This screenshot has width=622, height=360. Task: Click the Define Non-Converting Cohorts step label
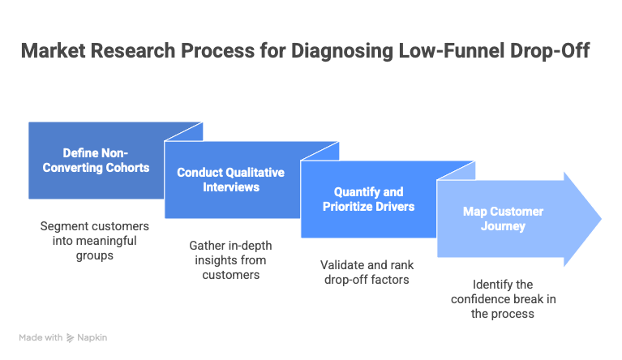[x=96, y=161]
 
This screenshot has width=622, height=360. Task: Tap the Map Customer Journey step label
[x=503, y=219]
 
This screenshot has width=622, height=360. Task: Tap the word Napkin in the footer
[x=92, y=337]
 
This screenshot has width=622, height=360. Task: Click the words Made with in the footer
[x=41, y=337]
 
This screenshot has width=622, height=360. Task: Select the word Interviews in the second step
[x=230, y=187]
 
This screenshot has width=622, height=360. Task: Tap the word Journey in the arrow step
[x=503, y=226]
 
